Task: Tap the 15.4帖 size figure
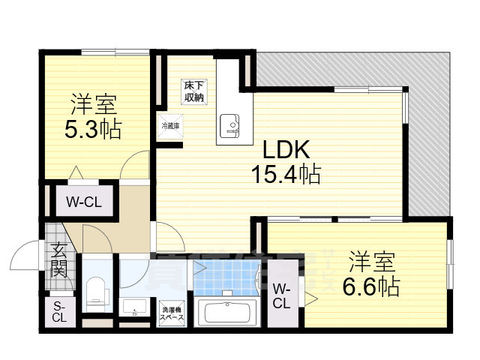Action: tap(286, 175)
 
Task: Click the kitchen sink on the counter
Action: tap(229, 122)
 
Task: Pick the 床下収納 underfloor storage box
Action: tap(195, 91)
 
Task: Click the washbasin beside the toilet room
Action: tap(134, 307)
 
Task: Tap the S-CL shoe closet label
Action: tap(59, 311)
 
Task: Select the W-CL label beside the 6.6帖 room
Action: tap(281, 296)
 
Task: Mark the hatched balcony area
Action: tap(427, 135)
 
